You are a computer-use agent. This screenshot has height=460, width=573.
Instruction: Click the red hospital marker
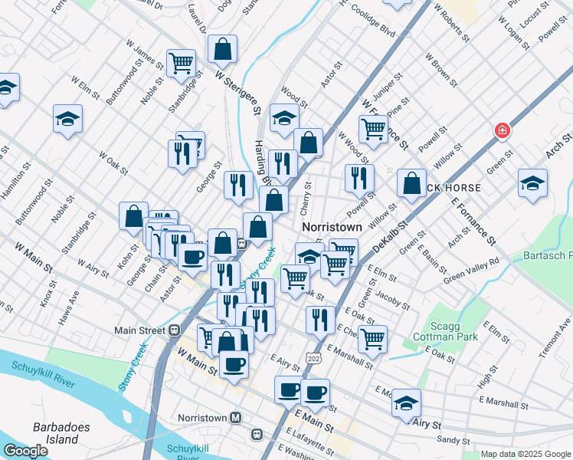tap(503, 131)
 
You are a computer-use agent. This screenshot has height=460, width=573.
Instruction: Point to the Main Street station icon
tap(174, 330)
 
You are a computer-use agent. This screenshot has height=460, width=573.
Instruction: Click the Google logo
tap(25, 451)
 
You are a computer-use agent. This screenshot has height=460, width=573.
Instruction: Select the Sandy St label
tap(453, 440)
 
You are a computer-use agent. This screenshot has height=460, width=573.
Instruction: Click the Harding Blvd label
tap(263, 163)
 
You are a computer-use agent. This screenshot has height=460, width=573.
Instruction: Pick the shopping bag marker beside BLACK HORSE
tap(412, 184)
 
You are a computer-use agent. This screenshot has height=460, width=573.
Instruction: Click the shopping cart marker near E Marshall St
tap(372, 339)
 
